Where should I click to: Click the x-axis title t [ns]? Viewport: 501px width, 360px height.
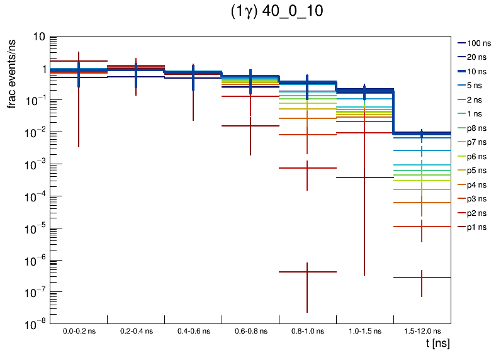(437, 344)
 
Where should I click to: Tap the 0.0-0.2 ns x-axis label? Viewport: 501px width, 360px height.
(79, 331)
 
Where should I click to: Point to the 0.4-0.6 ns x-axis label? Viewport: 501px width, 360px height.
(193, 331)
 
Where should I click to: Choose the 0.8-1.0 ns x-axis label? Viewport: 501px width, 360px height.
(307, 331)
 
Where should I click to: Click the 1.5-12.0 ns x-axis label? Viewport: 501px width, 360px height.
(422, 331)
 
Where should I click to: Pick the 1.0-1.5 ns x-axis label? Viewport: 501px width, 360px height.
(364, 331)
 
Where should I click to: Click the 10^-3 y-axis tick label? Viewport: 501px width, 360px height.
(35, 164)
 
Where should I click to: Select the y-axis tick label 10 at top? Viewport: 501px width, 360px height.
(39, 37)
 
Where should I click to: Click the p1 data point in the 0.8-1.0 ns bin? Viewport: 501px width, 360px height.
(307, 272)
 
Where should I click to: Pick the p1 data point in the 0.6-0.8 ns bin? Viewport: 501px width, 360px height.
(250, 126)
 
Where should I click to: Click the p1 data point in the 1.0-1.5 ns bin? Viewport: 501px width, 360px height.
(364, 177)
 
